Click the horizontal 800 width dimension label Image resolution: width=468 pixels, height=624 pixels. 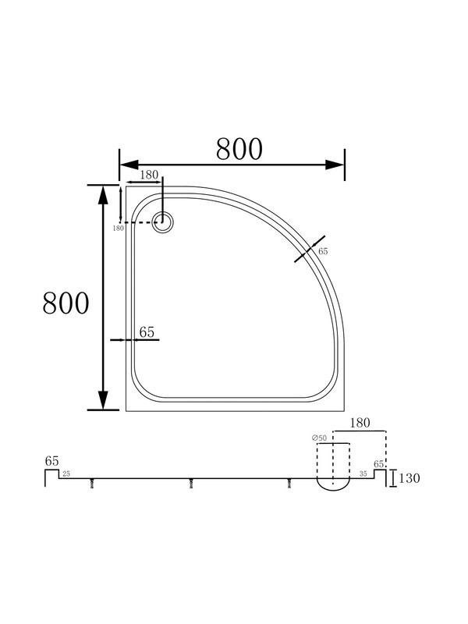click(x=239, y=149)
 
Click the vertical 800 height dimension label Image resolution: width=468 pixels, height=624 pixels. click(x=66, y=303)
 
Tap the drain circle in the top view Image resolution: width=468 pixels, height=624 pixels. click(x=163, y=222)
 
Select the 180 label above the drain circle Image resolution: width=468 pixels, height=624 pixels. click(x=149, y=175)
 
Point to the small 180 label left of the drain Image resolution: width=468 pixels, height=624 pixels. click(x=119, y=229)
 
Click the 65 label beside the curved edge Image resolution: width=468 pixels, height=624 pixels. click(x=323, y=251)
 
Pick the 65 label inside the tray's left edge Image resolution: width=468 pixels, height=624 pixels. click(x=147, y=332)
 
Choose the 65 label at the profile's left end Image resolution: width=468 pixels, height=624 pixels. click(x=51, y=461)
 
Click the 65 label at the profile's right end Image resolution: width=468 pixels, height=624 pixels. click(x=378, y=464)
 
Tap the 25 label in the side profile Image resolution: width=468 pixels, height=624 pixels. click(x=66, y=473)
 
